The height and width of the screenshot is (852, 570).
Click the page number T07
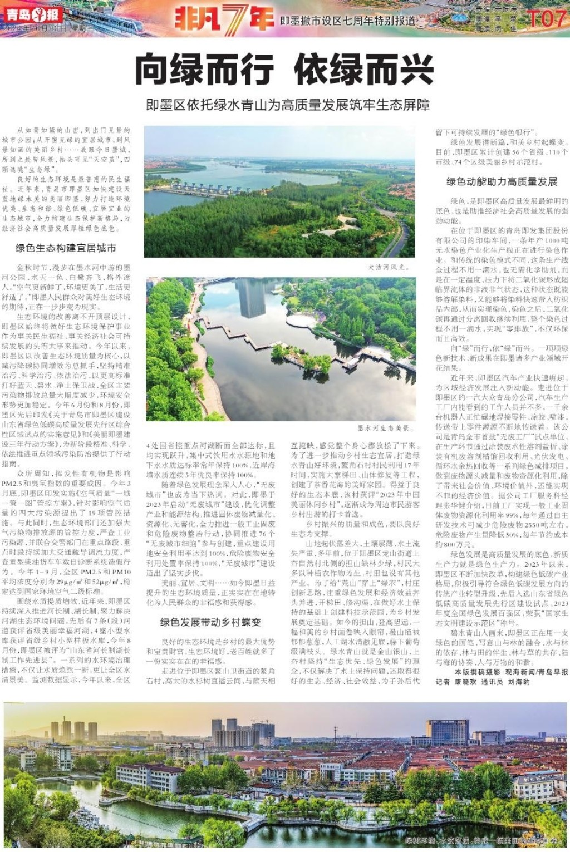point(546,18)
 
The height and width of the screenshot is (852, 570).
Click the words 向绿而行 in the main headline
point(204,70)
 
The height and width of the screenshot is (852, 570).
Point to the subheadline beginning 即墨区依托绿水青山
point(288,105)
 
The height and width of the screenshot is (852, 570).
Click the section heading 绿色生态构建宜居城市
point(66,248)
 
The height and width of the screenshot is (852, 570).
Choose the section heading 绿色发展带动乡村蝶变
point(210,622)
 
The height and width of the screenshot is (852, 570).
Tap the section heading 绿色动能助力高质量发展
point(501,181)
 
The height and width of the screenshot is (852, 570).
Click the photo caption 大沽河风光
point(388,267)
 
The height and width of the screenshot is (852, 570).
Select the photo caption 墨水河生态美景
point(384,428)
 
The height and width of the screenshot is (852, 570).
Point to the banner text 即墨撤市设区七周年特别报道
point(347,21)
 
